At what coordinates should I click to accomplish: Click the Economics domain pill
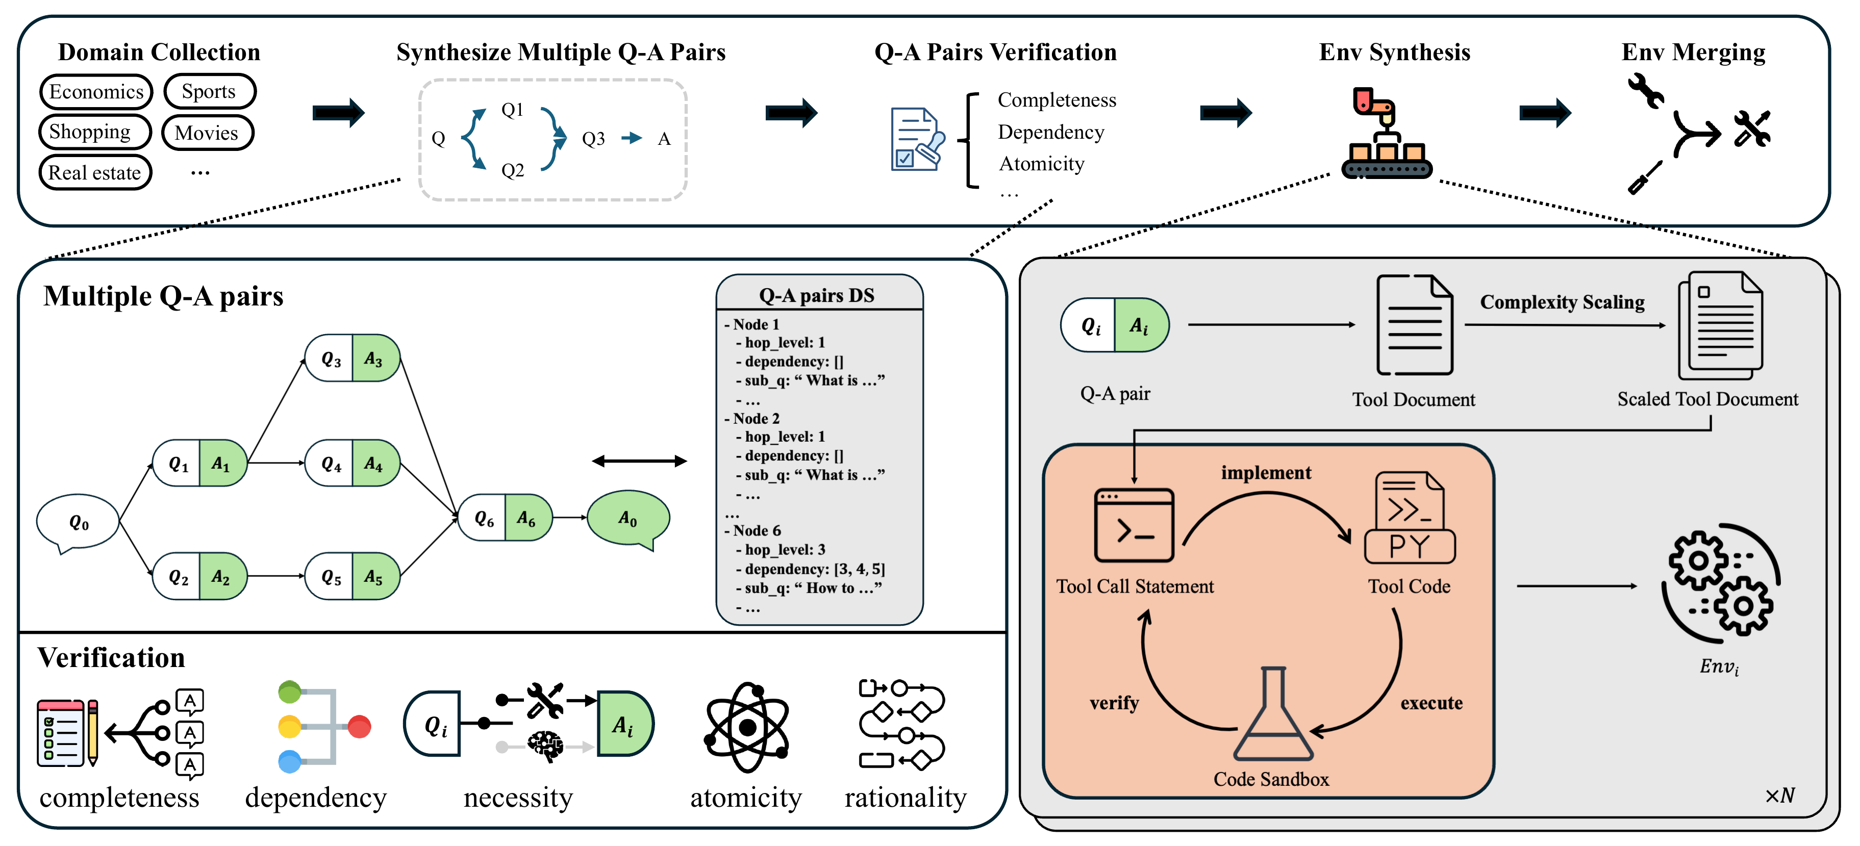(x=96, y=92)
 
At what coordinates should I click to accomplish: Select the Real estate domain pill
(x=94, y=172)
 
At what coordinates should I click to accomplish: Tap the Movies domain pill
(x=207, y=133)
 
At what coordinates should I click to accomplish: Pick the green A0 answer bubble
(x=627, y=518)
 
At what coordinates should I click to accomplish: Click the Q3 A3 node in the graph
(x=353, y=358)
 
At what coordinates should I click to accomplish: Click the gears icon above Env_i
(x=1721, y=583)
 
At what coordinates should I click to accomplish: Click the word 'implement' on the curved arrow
(x=1266, y=473)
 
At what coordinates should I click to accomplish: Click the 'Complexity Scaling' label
(x=1562, y=302)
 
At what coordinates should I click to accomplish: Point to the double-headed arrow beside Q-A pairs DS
(x=639, y=460)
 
